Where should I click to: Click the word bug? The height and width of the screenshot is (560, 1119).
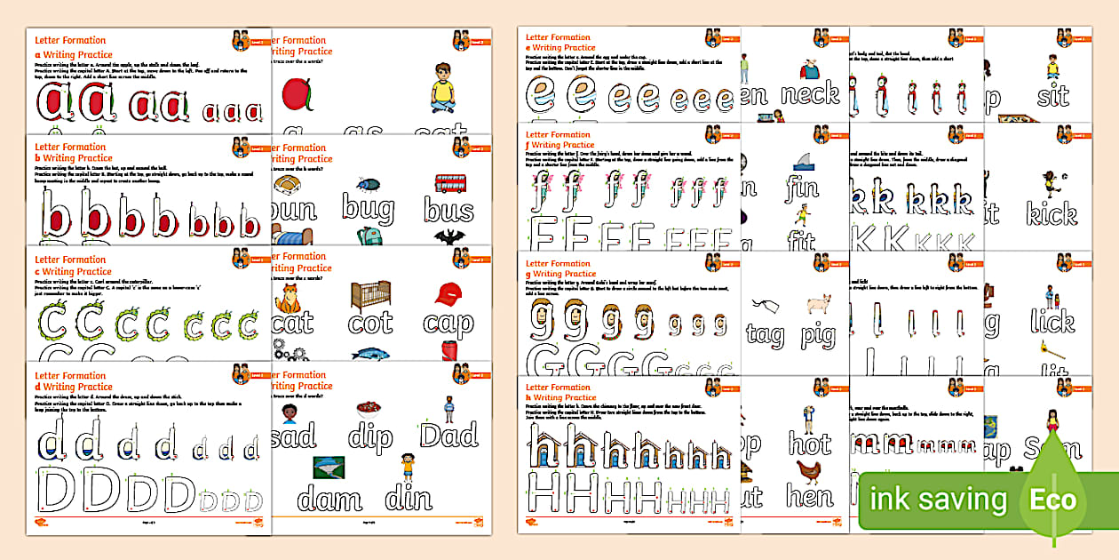point(369,211)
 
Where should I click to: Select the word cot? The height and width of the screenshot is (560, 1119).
point(370,323)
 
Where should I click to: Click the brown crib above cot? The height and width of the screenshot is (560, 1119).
point(370,295)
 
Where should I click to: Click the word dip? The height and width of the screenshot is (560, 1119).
point(370,436)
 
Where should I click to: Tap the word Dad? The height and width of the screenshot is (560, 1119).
point(449,436)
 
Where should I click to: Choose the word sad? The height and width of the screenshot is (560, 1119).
point(293,436)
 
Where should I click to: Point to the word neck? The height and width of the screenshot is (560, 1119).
point(809,93)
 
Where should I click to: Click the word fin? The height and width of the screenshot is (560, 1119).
point(801,188)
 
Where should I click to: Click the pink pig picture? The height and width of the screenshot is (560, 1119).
point(819,305)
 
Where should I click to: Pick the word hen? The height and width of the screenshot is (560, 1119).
point(809,496)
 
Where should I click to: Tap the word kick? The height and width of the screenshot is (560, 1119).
point(1051,213)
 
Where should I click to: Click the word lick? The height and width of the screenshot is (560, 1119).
point(1052,321)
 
